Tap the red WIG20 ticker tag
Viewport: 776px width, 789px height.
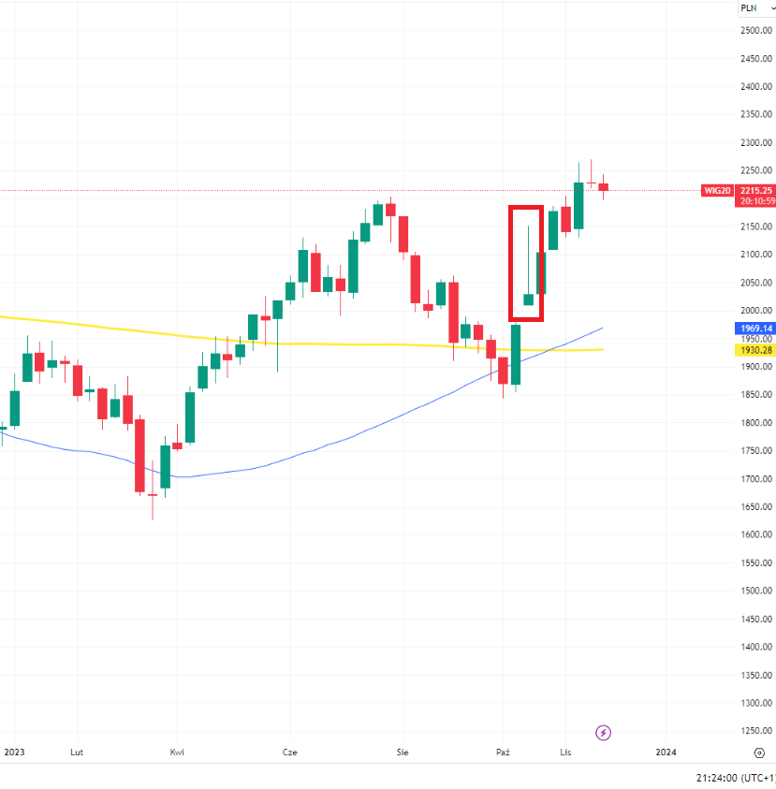pyautogui.click(x=716, y=190)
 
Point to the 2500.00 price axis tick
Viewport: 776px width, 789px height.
pyautogui.click(x=754, y=31)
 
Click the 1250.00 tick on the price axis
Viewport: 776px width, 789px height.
pyautogui.click(x=754, y=731)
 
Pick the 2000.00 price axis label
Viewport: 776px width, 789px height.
pyautogui.click(x=754, y=311)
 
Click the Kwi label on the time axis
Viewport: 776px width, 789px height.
pyautogui.click(x=177, y=752)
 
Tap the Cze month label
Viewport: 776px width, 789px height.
pyautogui.click(x=290, y=752)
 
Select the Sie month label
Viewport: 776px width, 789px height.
pyautogui.click(x=403, y=752)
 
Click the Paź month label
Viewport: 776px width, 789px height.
pyautogui.click(x=503, y=752)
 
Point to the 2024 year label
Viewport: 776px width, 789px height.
pyautogui.click(x=666, y=752)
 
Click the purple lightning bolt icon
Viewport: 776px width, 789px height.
pyautogui.click(x=604, y=732)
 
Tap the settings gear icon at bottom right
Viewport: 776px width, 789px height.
pyautogui.click(x=759, y=752)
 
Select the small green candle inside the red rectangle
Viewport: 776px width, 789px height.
pyautogui.click(x=528, y=300)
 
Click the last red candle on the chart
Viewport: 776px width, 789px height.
pyautogui.click(x=604, y=187)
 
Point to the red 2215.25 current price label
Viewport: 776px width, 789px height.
pyautogui.click(x=755, y=190)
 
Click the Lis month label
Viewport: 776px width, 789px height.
pyautogui.click(x=564, y=752)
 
